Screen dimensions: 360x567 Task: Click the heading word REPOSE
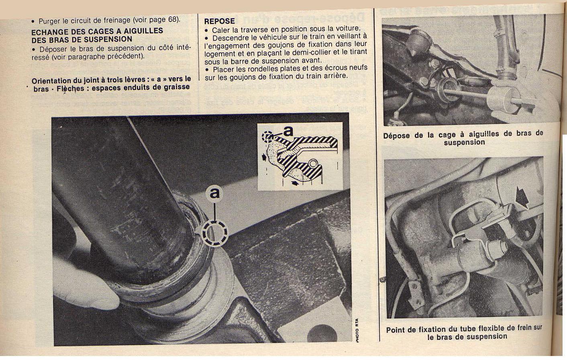[x=219, y=21]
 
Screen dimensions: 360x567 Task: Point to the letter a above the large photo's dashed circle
[x=215, y=193]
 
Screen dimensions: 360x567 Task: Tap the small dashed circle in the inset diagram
[x=267, y=137]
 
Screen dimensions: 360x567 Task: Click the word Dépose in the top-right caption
[x=396, y=135]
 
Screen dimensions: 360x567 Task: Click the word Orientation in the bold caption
[x=51, y=80]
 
